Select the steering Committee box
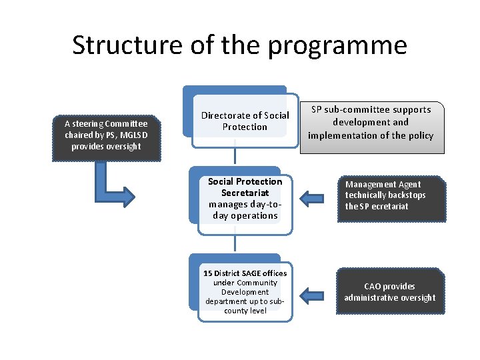pyautogui.click(x=106, y=135)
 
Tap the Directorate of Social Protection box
pyautogui.click(x=245, y=121)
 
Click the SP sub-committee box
pyautogui.click(x=371, y=123)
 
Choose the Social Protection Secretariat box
pyautogui.click(x=245, y=199)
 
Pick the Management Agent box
pyautogui.click(x=390, y=195)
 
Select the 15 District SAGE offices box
pyautogui.click(x=245, y=291)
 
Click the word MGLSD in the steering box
pyautogui.click(x=134, y=135)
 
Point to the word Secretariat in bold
pyautogui.click(x=245, y=193)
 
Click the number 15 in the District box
pyautogui.click(x=207, y=273)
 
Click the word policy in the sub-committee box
pyautogui.click(x=419, y=135)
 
